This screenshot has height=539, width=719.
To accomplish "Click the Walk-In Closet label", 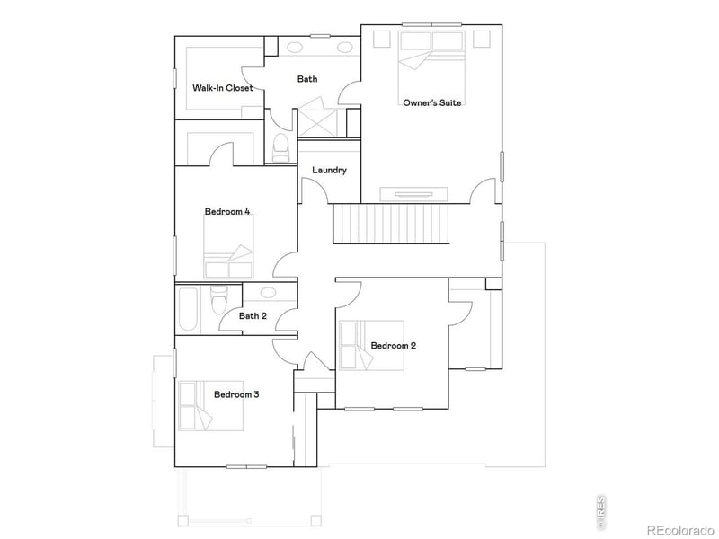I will (x=222, y=88).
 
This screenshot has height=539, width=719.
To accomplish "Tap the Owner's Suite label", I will (x=431, y=102).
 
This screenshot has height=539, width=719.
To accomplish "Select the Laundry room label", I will (x=329, y=171).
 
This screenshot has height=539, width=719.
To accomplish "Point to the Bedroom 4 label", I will (x=227, y=212).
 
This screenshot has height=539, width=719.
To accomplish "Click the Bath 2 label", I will (x=253, y=315).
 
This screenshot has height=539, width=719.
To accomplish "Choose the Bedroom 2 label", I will (x=394, y=345).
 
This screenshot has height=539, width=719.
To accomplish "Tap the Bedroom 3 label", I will (x=236, y=393).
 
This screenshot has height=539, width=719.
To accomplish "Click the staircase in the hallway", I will (x=390, y=224).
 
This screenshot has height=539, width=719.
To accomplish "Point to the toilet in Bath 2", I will (x=218, y=301).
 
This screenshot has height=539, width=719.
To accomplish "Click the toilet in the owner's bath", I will (x=280, y=147).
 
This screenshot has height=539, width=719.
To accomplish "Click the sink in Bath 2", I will (x=268, y=293).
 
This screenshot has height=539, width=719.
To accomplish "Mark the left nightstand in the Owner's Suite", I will (x=381, y=39).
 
